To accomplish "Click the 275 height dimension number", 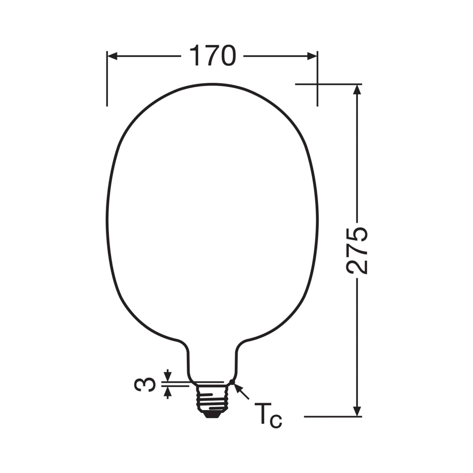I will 357,251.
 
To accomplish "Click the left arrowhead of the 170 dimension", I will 113,56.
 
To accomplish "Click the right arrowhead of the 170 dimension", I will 312,56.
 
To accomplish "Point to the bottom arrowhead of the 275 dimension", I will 357,411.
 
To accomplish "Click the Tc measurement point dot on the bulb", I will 232,383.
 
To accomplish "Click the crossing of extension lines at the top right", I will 317,84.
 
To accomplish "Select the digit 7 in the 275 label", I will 357,250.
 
